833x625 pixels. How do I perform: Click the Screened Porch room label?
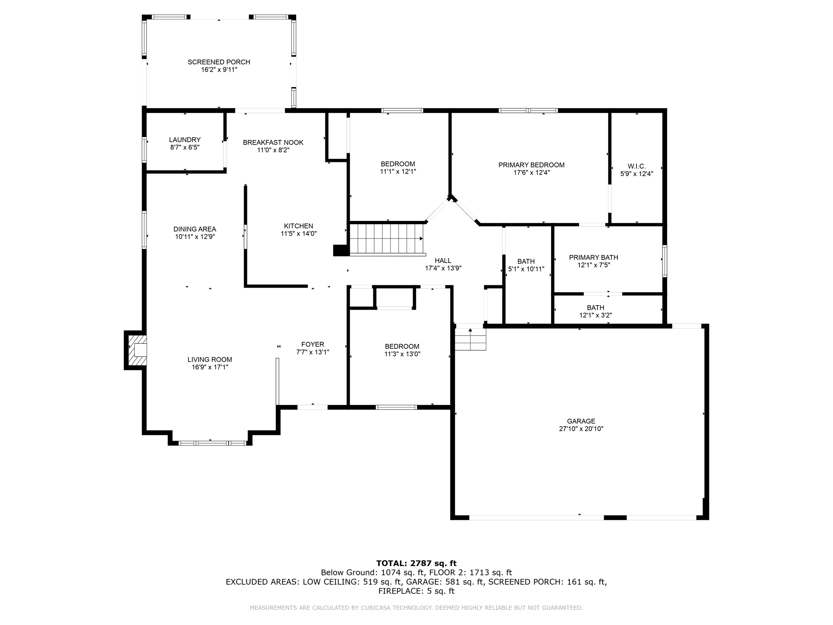(x=219, y=62)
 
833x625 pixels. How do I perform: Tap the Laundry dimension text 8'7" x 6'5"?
(x=185, y=147)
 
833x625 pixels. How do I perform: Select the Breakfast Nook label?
(x=273, y=142)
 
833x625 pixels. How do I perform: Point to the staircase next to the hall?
(x=386, y=239)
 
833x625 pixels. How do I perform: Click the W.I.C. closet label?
(x=637, y=166)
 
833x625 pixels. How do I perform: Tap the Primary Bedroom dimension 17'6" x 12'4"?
(x=531, y=173)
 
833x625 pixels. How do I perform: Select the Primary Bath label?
(x=593, y=257)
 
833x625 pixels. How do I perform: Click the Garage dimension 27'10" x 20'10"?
(x=581, y=429)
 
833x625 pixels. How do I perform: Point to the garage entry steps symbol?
(x=470, y=340)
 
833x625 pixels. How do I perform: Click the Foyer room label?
(x=312, y=344)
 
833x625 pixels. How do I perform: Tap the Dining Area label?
(x=194, y=229)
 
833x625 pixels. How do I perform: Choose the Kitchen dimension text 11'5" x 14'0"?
(x=299, y=234)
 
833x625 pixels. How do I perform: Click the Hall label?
(x=443, y=260)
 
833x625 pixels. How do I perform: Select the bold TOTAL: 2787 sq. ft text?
(x=416, y=563)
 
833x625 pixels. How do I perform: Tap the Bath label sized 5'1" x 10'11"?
(x=526, y=261)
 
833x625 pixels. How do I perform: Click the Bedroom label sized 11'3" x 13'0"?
(x=402, y=346)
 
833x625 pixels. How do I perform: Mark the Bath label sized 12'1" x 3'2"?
(x=595, y=308)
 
